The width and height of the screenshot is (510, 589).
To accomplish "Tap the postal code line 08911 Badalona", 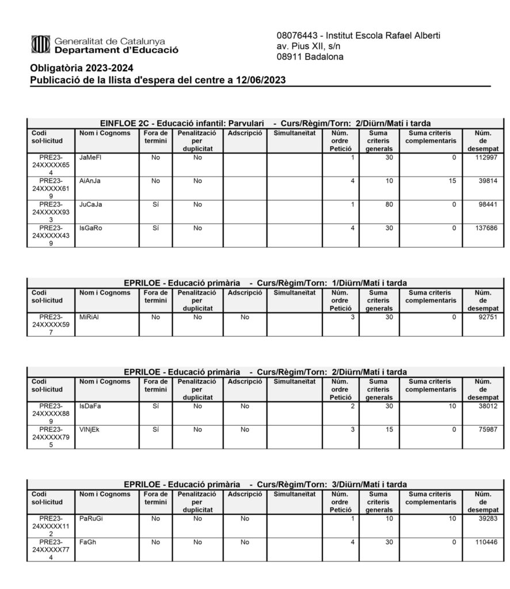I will click(x=310, y=57).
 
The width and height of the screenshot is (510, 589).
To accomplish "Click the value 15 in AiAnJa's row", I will click(x=452, y=181).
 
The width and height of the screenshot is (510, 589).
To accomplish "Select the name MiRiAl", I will click(x=89, y=317).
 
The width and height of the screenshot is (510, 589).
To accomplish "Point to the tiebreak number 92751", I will click(x=487, y=317).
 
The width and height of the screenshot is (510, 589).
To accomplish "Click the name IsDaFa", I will click(x=90, y=406).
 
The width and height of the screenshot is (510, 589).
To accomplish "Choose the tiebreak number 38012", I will click(x=487, y=406).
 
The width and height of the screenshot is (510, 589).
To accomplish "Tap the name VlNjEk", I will click(x=89, y=430).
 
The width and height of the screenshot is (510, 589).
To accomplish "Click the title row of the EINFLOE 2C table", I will click(x=265, y=123).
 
